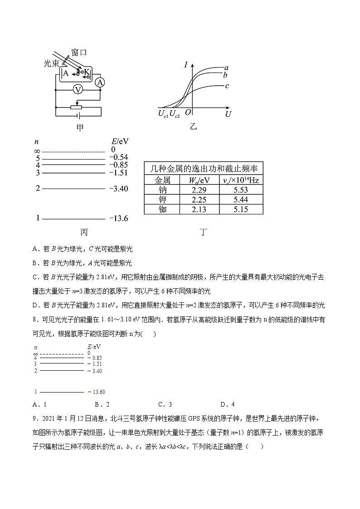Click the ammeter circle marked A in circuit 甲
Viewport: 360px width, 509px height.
click(x=100, y=82)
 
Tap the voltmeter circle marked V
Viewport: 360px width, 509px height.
click(x=78, y=90)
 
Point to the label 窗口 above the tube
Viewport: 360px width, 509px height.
click(x=79, y=53)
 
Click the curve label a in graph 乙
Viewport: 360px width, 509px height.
click(x=226, y=68)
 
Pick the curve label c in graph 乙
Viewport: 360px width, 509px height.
click(x=226, y=86)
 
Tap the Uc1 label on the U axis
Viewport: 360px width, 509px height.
click(x=163, y=114)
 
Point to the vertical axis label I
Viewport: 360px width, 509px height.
click(x=186, y=65)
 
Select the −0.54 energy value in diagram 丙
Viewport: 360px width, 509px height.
click(x=118, y=157)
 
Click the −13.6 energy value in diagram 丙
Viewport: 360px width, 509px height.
click(x=118, y=218)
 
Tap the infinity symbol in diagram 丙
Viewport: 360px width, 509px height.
click(x=38, y=150)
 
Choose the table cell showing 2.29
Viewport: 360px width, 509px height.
click(x=199, y=190)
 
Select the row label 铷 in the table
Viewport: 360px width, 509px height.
click(x=162, y=209)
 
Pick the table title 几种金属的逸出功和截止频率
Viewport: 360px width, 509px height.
click(x=204, y=169)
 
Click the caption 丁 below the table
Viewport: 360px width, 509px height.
click(x=204, y=233)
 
